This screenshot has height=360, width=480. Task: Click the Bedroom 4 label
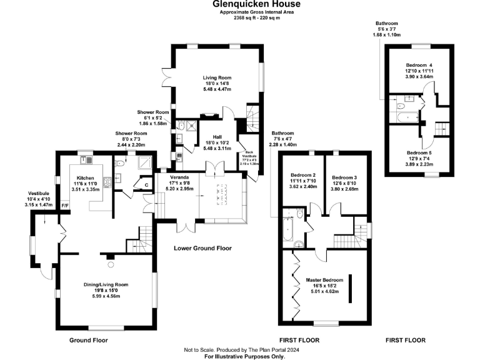coord(419,65)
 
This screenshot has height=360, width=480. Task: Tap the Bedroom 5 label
coord(419,152)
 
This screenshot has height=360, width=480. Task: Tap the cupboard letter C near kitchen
coord(146,185)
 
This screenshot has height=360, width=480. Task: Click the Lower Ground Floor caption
coord(202,248)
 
